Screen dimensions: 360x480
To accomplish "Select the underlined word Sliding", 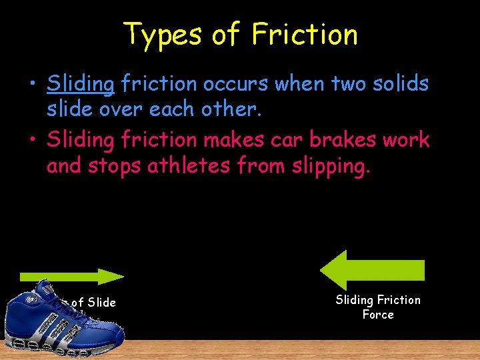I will click(x=81, y=85).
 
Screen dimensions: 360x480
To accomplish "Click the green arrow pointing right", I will click(x=72, y=277).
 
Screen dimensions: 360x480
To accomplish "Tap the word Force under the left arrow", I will click(x=378, y=315).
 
